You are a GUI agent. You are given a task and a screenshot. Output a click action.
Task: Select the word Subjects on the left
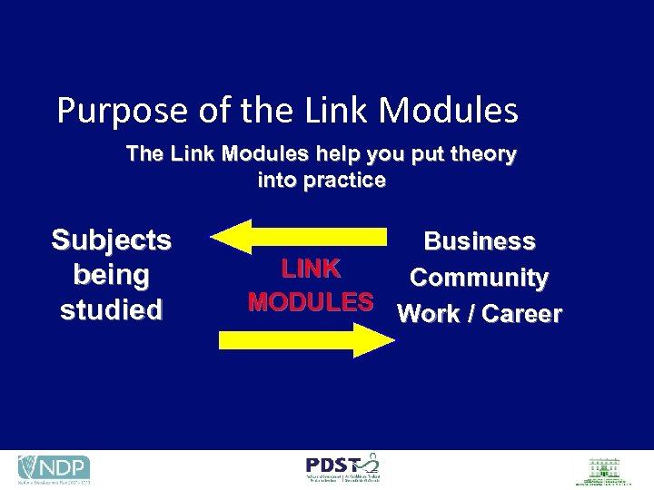(111, 240)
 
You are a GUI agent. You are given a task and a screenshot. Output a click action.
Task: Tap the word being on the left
(111, 274)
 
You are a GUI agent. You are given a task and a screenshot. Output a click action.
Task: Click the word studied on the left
(111, 309)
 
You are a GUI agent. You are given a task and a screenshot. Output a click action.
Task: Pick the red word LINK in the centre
(311, 269)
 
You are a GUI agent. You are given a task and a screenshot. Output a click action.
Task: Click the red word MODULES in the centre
(311, 301)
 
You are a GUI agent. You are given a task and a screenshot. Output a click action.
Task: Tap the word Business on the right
(480, 241)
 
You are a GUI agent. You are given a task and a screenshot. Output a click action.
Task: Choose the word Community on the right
(479, 278)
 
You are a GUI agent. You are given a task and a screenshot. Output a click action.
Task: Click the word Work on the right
(429, 314)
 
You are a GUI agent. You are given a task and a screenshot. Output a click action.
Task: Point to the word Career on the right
(521, 314)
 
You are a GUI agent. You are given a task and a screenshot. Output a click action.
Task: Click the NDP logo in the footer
(54, 469)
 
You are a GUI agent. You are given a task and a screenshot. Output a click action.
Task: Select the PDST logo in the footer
(342, 468)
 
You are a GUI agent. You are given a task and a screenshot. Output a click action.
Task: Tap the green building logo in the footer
(600, 470)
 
